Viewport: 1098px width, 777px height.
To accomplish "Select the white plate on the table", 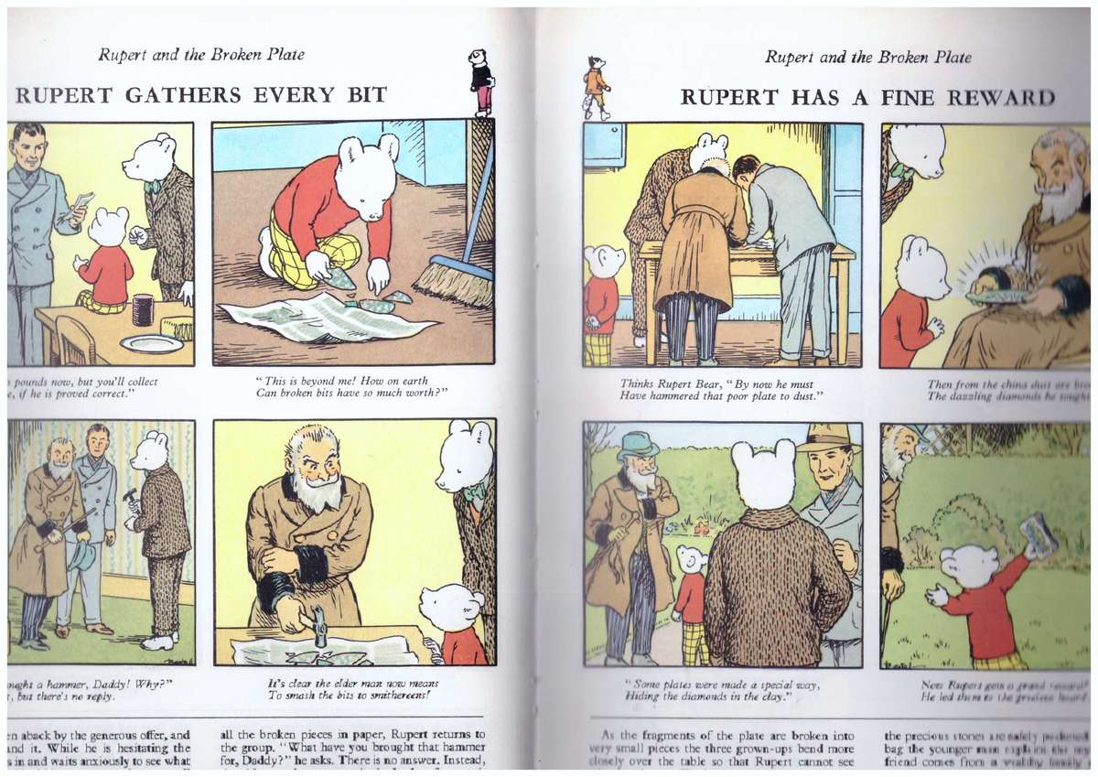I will [151, 343].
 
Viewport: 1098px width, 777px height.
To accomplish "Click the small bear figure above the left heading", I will [480, 81].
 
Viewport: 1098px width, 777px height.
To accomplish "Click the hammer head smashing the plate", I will [318, 631].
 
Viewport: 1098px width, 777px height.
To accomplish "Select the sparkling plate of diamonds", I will [996, 295].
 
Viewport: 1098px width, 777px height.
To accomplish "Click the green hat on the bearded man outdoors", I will [637, 446].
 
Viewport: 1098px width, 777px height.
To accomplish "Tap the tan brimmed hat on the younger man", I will [828, 438].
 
